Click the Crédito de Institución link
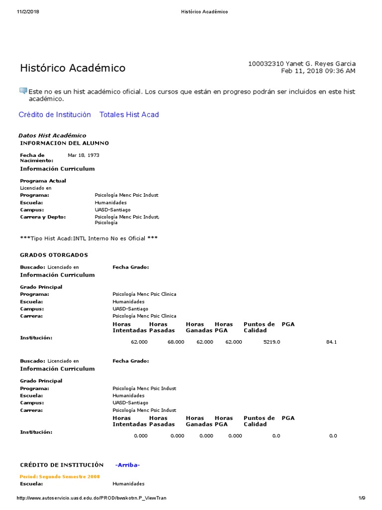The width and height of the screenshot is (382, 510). tap(55, 115)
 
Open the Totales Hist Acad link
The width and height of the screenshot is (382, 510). tap(129, 115)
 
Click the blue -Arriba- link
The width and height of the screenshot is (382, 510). tap(127, 465)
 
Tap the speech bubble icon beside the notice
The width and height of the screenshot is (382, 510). tap(23, 91)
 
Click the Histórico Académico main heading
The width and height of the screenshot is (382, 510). tap(73, 68)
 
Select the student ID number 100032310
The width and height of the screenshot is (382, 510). tap(266, 64)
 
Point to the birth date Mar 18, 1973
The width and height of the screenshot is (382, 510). tap(84, 155)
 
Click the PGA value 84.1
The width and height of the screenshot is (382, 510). tap(331, 342)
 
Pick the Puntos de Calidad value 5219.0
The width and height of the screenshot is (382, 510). tap(272, 342)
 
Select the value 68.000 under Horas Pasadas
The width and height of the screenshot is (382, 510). tap(176, 342)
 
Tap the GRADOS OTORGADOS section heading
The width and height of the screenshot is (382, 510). tap(54, 255)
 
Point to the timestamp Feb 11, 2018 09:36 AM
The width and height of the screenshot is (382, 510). tap(318, 71)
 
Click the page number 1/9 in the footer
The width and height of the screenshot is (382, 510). tap(362, 499)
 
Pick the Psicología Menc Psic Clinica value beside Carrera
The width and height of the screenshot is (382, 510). tap(144, 316)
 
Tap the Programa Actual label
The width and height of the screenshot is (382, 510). tap(43, 181)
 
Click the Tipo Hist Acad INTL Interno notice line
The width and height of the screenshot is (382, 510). tap(89, 239)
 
